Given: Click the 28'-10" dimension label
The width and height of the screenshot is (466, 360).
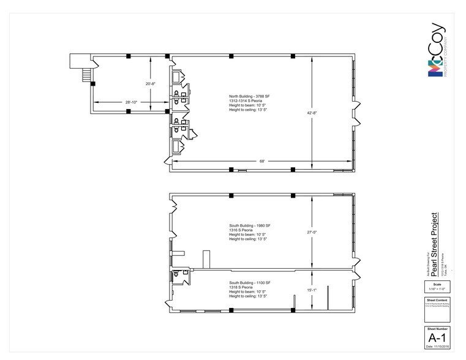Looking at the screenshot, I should pyautogui.click(x=129, y=102).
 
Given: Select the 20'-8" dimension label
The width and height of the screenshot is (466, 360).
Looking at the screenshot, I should pyautogui.click(x=150, y=83).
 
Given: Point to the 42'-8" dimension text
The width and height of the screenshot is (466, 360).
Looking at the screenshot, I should pyautogui.click(x=312, y=113).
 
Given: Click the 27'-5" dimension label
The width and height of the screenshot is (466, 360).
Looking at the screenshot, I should pyautogui.click(x=312, y=232).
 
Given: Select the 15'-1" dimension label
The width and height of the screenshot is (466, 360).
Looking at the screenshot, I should pyautogui.click(x=312, y=291).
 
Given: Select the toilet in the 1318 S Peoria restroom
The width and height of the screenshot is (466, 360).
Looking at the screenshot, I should pyautogui.click(x=176, y=276).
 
